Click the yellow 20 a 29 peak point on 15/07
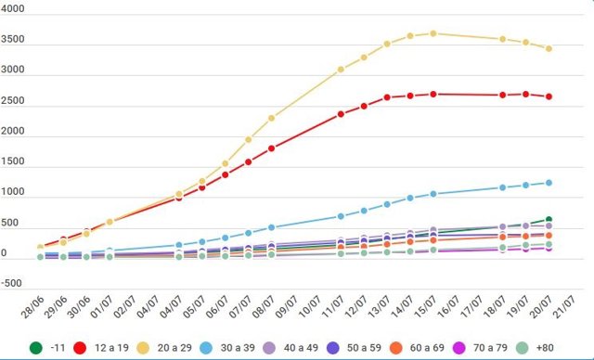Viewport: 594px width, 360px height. point(433,33)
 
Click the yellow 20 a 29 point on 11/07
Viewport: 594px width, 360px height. point(341,70)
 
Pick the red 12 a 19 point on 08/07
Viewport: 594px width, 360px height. point(271,148)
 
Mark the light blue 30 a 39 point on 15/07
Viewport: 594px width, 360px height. point(433,194)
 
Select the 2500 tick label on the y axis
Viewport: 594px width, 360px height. point(14,100)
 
